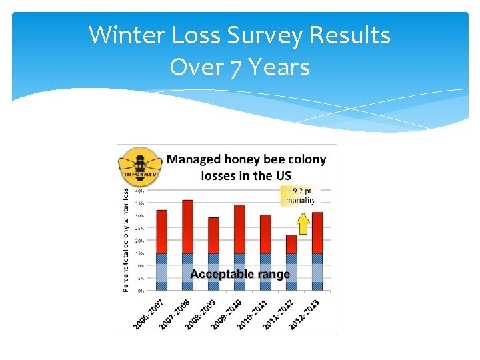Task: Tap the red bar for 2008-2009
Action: (213, 235)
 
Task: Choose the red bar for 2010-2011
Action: (265, 234)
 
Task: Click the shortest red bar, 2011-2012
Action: (291, 244)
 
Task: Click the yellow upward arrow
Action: (303, 223)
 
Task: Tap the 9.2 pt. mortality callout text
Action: (300, 195)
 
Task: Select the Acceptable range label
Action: (239, 274)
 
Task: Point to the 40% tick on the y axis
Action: (140, 191)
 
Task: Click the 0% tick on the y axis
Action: (141, 291)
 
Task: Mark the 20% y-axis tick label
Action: (140, 241)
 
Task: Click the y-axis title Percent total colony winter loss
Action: (125, 239)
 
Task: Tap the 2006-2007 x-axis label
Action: (149, 313)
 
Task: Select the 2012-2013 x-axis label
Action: (305, 313)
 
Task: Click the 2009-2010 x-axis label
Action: (227, 313)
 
